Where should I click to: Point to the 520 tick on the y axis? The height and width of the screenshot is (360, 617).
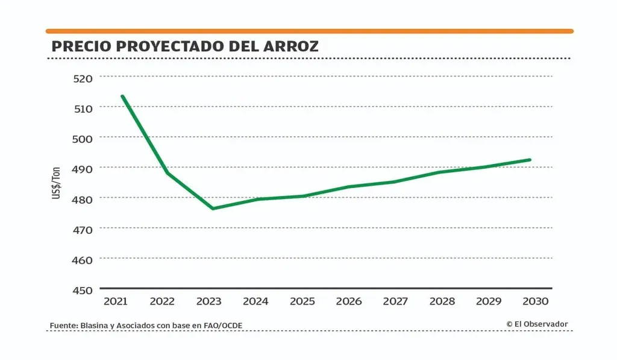pos(84,78)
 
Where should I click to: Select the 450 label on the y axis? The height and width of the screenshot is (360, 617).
pos(84,290)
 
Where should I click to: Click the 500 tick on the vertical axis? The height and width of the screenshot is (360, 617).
pos(84,138)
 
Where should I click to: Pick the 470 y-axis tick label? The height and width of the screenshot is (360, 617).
pos(84,229)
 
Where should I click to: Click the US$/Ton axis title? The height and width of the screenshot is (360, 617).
pos(57,183)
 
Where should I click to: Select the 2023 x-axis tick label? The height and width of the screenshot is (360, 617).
pos(209,301)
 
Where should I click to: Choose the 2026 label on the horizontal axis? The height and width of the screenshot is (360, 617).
pos(349,301)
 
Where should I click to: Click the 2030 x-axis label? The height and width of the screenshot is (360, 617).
pos(535,301)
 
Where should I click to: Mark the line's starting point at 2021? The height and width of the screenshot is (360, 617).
pos(122,96)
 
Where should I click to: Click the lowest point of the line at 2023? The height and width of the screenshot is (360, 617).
pos(213,209)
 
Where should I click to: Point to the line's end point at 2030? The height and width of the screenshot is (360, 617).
pos(530,160)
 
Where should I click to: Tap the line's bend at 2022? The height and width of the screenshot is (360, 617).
pos(167,173)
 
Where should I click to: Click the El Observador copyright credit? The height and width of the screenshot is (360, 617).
pos(537,324)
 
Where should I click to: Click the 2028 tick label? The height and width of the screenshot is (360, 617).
pos(442,301)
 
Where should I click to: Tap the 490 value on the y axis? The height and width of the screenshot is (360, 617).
pos(84,168)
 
